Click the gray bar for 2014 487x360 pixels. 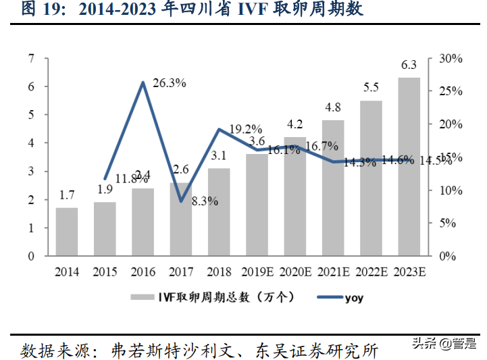tap(67, 232)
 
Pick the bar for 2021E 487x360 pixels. tap(332, 188)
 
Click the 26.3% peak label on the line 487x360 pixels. tap(170, 83)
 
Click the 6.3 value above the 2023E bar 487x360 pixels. tap(409, 66)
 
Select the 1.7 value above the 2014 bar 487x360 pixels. tap(67, 195)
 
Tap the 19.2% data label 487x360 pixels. tap(245, 128)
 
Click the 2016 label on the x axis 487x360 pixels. tap(143, 272)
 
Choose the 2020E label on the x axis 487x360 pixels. tap(295, 272)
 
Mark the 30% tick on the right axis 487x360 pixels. tap(450, 59)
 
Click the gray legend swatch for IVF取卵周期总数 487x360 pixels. tap(141, 297)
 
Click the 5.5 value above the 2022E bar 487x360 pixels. tap(371, 87)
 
